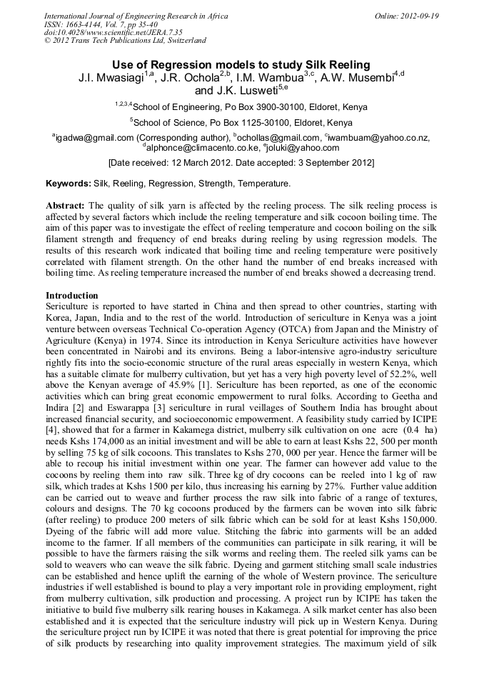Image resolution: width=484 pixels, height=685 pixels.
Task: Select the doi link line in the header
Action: pyautogui.click(x=113, y=33)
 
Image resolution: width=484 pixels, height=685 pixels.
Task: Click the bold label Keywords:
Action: pyautogui.click(x=68, y=184)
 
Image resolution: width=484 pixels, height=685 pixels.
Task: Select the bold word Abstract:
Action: pyautogui.click(x=66, y=205)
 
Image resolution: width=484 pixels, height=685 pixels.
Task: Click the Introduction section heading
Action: pyautogui.click(x=72, y=295)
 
